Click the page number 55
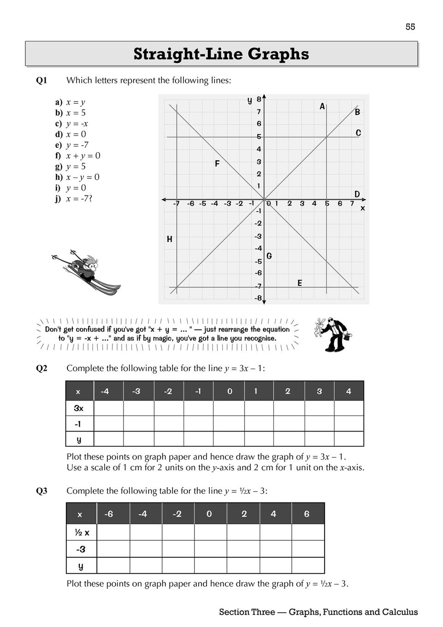click(x=410, y=27)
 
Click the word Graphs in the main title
click(x=278, y=54)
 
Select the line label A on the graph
click(x=322, y=106)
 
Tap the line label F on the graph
click(x=217, y=164)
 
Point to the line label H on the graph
click(x=170, y=239)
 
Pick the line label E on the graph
click(x=300, y=283)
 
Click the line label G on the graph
click(x=269, y=256)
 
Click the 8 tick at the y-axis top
click(x=259, y=99)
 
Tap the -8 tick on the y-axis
click(x=258, y=298)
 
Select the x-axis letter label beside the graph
click(x=362, y=208)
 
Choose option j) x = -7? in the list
click(x=74, y=199)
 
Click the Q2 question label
click(x=41, y=368)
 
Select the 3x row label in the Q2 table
click(x=79, y=408)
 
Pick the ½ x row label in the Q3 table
click(x=82, y=532)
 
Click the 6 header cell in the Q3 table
click(x=307, y=514)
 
